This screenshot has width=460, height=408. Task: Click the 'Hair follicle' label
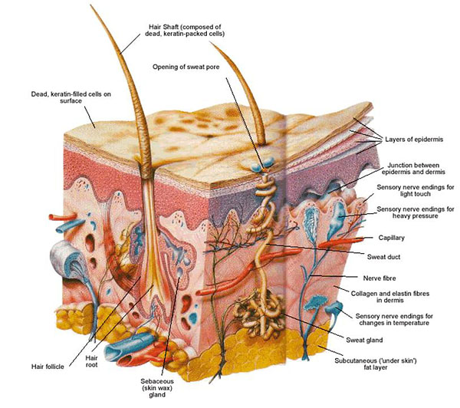pos(48,367)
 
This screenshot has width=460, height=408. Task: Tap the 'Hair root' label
pos(91,361)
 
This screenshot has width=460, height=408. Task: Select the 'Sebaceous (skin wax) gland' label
pos(157,388)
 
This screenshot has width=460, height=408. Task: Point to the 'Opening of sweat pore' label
pos(186,67)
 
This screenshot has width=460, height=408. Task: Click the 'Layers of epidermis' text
pos(414,140)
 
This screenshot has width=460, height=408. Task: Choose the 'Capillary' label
pos(391,238)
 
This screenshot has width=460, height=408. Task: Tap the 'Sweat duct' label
pos(384,257)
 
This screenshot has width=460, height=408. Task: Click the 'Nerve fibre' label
pos(379,278)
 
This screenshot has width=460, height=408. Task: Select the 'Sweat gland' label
pos(364,341)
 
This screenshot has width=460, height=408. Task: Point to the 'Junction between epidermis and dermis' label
pos(413,169)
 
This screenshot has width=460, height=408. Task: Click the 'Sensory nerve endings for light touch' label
pos(416,190)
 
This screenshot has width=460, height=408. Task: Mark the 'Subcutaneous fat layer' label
pos(376,364)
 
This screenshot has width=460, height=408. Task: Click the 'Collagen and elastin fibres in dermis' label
pos(390,297)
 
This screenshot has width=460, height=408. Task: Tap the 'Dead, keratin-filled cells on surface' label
pos(71,97)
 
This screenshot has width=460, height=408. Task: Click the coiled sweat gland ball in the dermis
pos(260,314)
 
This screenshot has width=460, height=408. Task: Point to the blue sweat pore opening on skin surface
pos(263,164)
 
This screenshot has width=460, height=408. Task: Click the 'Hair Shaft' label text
pos(185,30)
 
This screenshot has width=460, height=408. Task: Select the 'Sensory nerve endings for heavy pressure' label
pos(416,212)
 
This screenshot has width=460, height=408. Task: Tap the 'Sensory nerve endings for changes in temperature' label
pos(394,320)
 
